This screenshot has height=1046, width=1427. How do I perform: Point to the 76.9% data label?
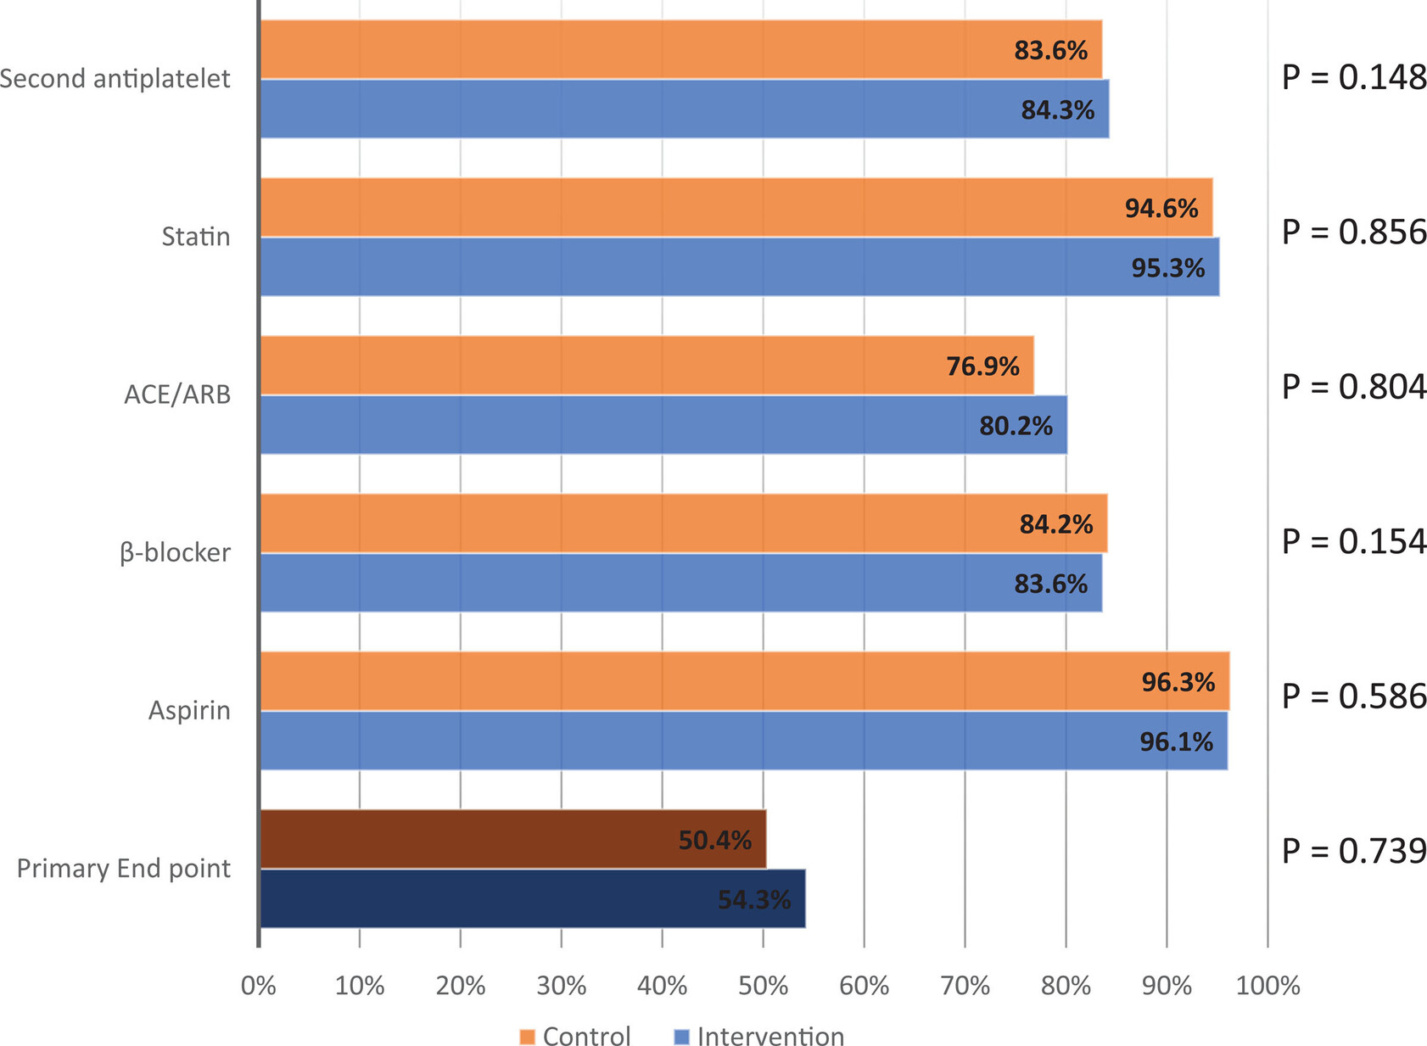pyautogui.click(x=982, y=366)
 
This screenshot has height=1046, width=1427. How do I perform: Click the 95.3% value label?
pyautogui.click(x=1167, y=268)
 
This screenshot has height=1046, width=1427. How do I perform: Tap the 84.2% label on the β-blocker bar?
pyautogui.click(x=1055, y=524)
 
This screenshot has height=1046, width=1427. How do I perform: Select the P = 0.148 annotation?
pyautogui.click(x=1354, y=78)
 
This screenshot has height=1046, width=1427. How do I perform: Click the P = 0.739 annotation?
pyautogui.click(x=1354, y=851)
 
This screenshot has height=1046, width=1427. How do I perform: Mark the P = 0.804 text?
pyautogui.click(x=1354, y=387)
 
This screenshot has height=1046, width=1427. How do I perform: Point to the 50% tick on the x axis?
pyautogui.click(x=764, y=986)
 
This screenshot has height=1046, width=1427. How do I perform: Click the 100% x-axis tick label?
pyautogui.click(x=1268, y=986)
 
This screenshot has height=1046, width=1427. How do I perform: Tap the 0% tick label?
pyautogui.click(x=259, y=986)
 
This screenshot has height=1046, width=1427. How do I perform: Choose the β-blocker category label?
pyautogui.click(x=175, y=553)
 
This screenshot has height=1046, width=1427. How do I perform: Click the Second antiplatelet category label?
pyautogui.click(x=115, y=79)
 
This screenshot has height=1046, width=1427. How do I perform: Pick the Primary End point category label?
pyautogui.click(x=124, y=869)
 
